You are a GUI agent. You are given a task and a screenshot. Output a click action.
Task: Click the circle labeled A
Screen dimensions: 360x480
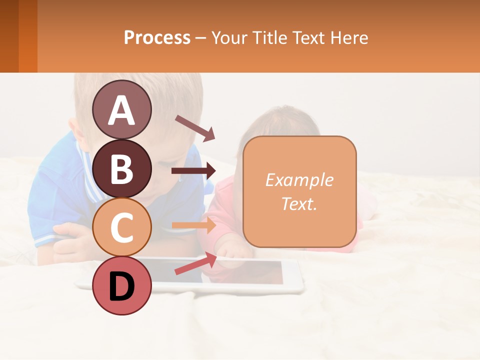121,109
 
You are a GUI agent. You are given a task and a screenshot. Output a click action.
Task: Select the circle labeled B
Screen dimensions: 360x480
121,168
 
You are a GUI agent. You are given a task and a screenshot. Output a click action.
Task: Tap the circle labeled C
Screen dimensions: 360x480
121,227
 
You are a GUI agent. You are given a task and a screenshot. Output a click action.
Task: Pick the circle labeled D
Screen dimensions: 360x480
121,285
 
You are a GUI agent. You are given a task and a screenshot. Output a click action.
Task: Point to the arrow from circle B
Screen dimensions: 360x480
193,171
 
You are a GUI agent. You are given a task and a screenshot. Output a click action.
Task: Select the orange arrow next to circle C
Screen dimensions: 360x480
193,225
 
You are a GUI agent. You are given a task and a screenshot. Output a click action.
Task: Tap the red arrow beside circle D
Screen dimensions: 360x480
195,263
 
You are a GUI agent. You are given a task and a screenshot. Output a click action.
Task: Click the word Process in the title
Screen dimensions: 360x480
157,37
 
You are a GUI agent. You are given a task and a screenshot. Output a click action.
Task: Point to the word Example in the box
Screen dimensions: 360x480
299,180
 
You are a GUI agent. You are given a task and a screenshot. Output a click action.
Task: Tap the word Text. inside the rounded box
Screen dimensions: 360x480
299,203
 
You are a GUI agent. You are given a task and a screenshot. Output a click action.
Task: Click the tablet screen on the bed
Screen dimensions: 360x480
240,272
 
